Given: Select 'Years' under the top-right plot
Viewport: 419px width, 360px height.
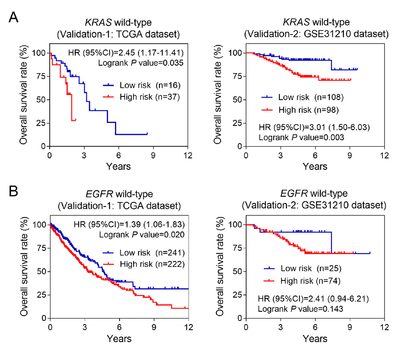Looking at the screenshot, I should (x=315, y=166).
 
